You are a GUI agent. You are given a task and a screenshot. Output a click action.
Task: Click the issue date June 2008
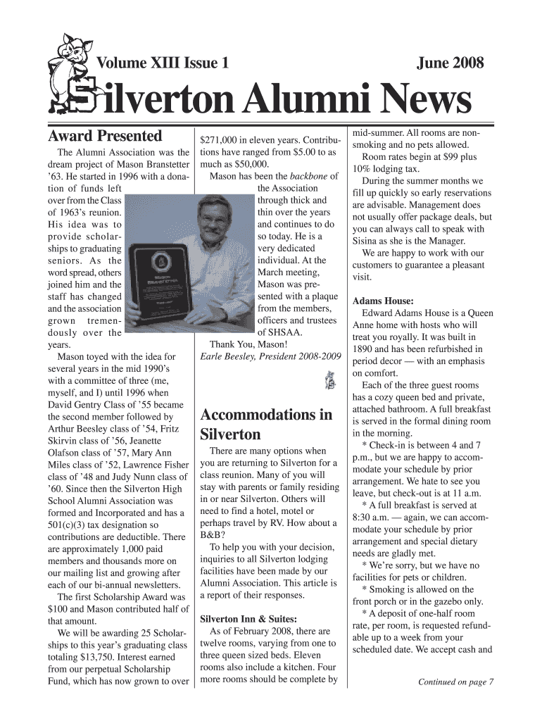click(x=450, y=64)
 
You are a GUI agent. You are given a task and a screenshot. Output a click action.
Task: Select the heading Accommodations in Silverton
click(x=266, y=424)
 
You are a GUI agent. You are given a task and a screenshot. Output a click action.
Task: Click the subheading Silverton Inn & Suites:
click(x=248, y=619)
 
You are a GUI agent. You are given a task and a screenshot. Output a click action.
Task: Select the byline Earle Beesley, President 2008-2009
click(x=270, y=357)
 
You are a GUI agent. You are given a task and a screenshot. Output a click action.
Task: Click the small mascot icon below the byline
click(x=329, y=380)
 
